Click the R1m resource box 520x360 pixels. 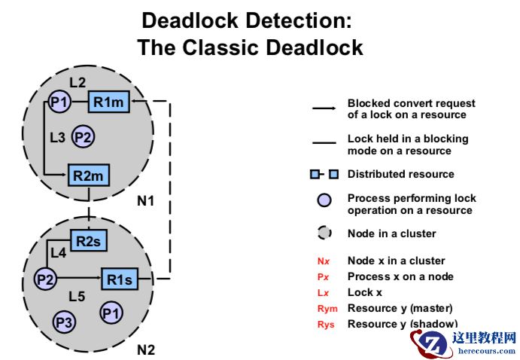(x=109, y=102)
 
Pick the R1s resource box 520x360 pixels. (x=120, y=279)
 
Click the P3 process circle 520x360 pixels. (x=64, y=322)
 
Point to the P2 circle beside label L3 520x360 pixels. (x=84, y=137)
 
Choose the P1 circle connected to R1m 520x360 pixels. (x=59, y=102)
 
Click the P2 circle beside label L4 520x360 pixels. (x=46, y=279)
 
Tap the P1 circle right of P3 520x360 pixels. (x=111, y=312)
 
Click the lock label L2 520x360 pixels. (x=77, y=81)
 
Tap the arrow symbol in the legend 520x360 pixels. (x=324, y=108)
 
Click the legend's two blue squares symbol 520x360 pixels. (x=324, y=174)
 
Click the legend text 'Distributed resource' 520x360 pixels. (x=400, y=174)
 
